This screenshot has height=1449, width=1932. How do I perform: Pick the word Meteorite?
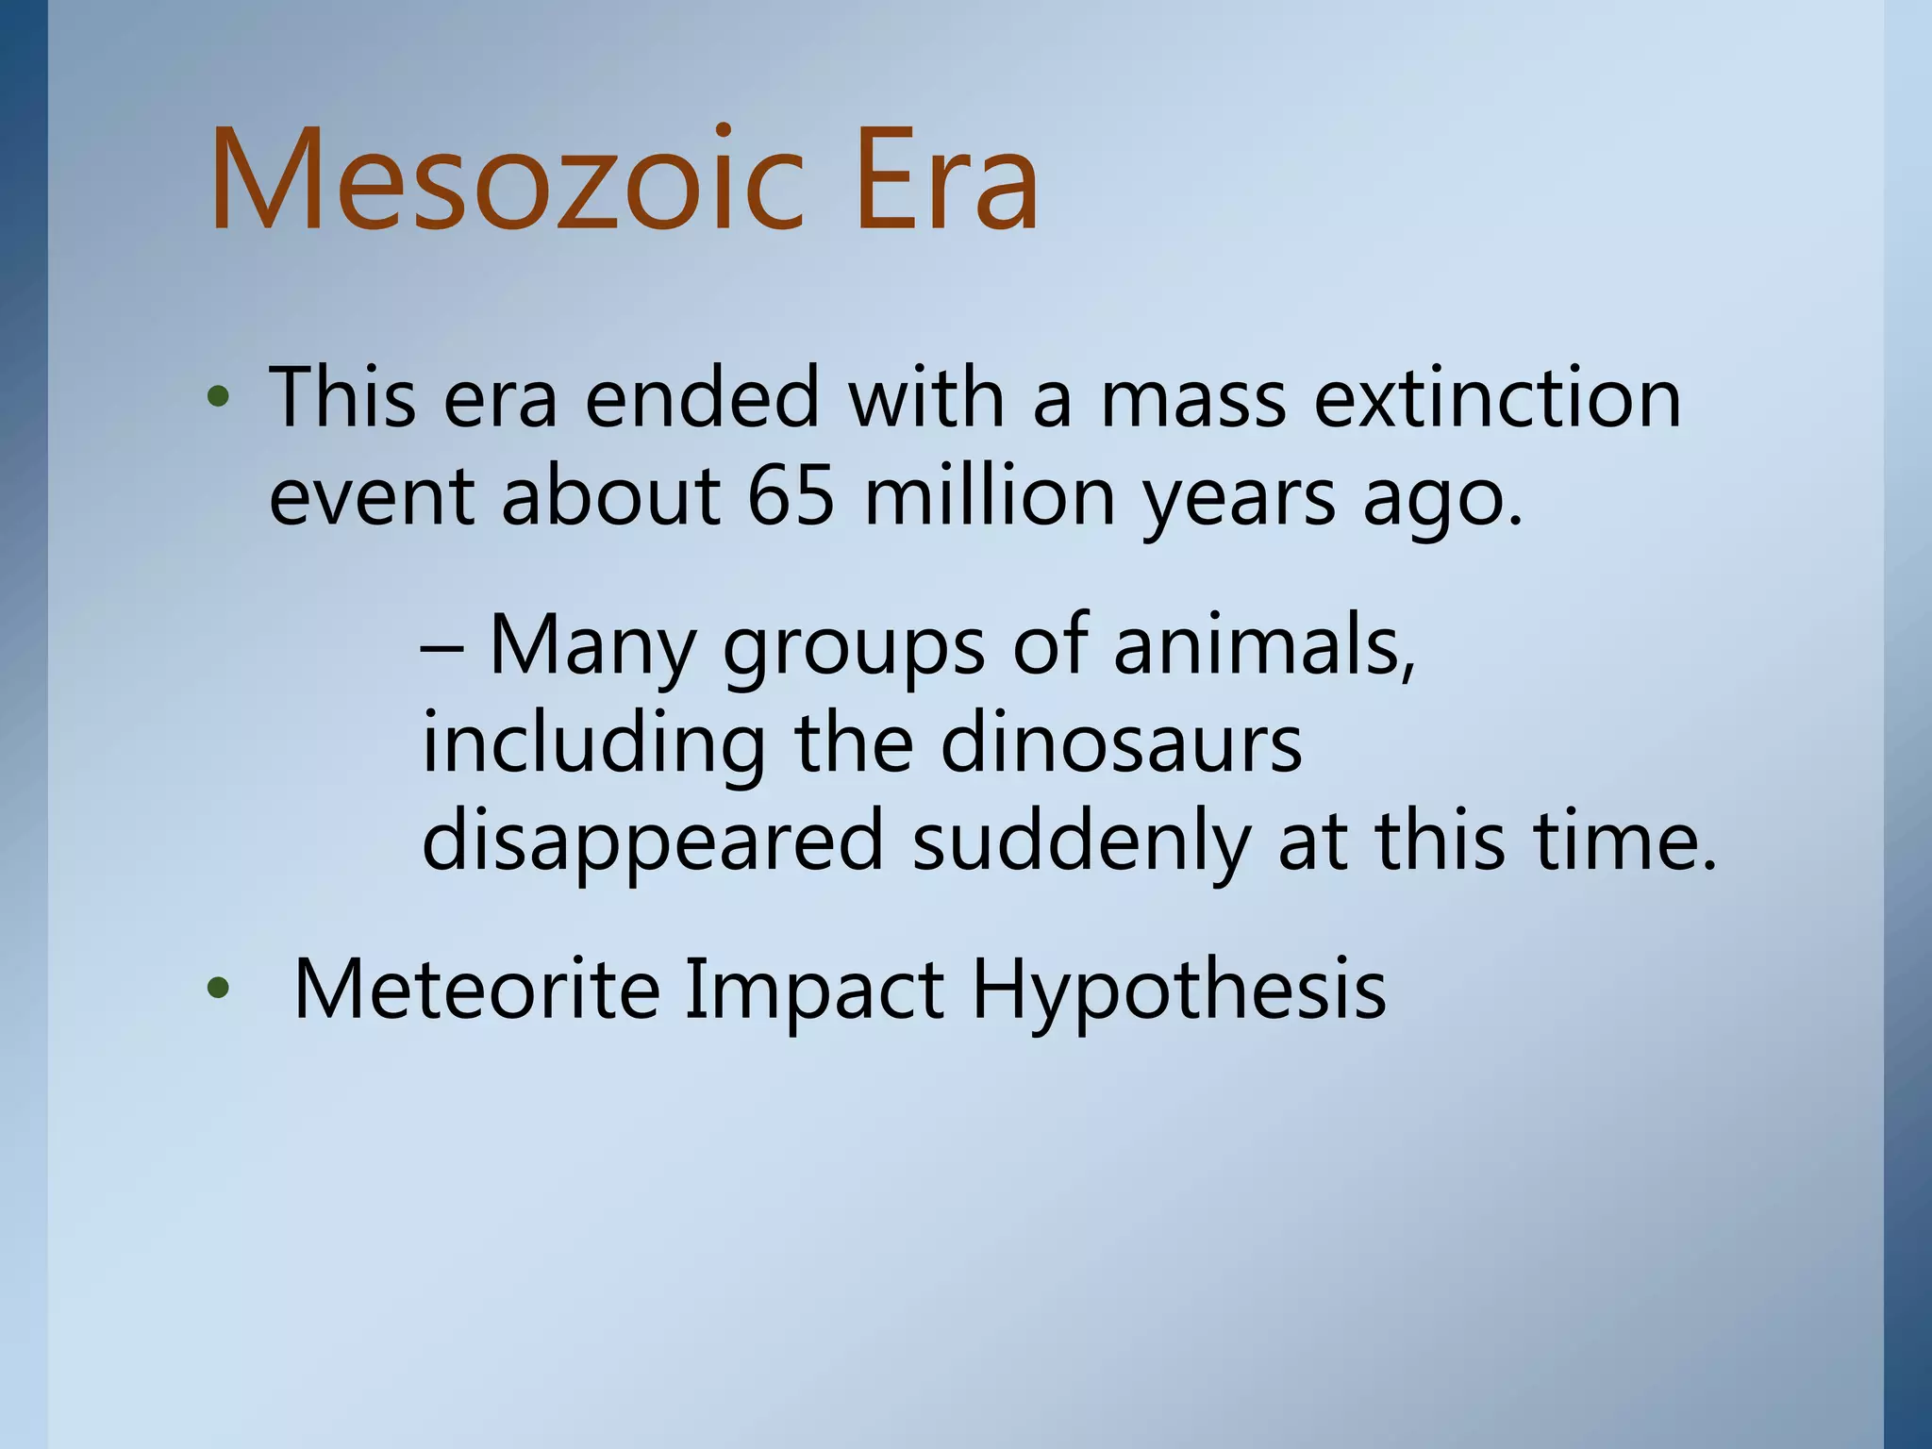click(475, 990)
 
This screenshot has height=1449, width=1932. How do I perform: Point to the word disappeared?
click(652, 842)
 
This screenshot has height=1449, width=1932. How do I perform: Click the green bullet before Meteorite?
click(218, 990)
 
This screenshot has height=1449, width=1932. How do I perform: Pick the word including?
click(593, 745)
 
